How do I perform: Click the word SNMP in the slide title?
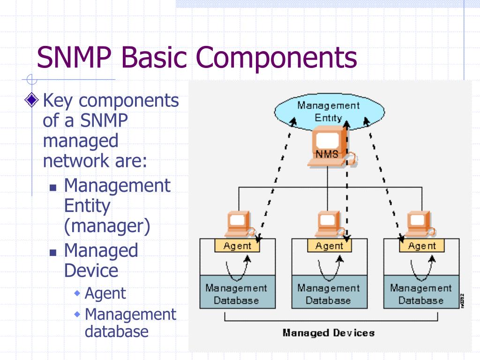click(75, 57)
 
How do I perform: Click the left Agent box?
click(237, 246)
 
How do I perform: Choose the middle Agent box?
click(329, 246)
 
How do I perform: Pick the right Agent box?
click(421, 246)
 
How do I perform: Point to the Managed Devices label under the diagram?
click(329, 333)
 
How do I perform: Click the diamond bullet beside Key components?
click(32, 100)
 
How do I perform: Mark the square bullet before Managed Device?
click(53, 252)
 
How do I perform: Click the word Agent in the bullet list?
click(105, 293)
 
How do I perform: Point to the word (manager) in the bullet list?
click(107, 226)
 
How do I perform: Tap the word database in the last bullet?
click(117, 331)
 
